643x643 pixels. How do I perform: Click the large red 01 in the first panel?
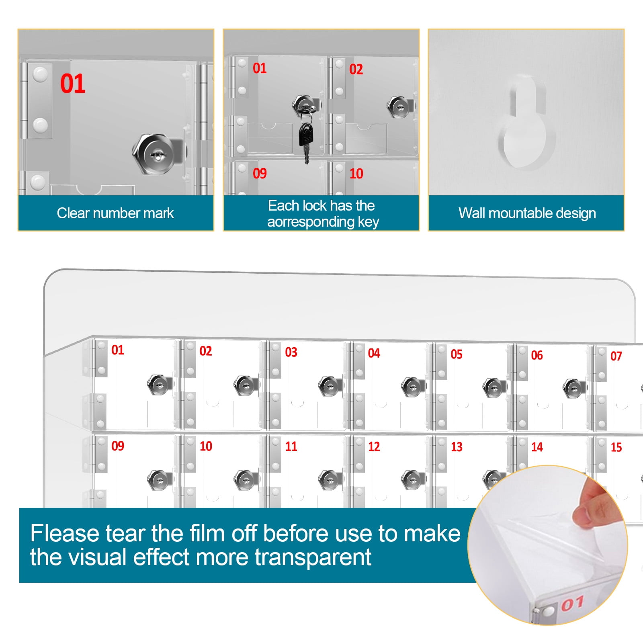tap(73, 84)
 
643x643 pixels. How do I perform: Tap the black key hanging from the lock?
tap(306, 141)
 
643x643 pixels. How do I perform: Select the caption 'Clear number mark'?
tap(115, 213)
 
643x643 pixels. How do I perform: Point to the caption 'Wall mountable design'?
tap(527, 213)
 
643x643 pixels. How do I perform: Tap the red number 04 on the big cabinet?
tap(374, 353)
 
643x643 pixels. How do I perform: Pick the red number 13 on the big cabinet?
tap(457, 447)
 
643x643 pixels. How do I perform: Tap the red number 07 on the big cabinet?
tap(616, 356)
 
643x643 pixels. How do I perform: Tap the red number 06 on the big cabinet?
tap(537, 355)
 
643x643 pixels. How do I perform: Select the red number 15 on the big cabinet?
tap(616, 447)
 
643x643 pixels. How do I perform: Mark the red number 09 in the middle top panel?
tap(260, 174)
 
